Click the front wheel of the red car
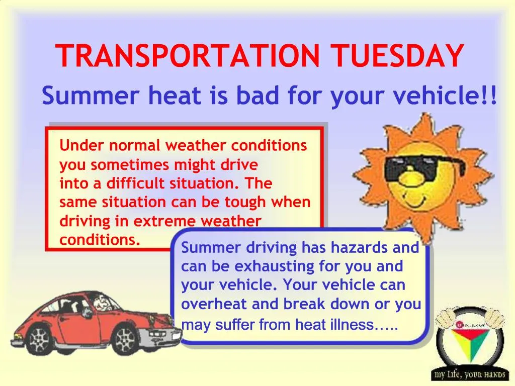[125, 339]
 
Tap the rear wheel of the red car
[40, 339]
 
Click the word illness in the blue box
[352, 325]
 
